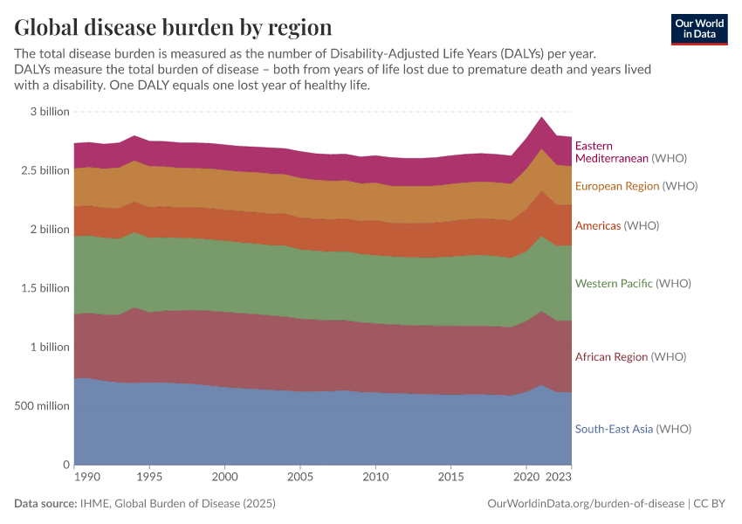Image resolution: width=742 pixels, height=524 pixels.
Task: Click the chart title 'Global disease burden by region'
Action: coord(173,26)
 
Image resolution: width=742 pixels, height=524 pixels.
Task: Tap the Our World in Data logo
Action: coord(698,29)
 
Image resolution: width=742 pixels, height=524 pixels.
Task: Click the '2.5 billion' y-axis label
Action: coord(45,170)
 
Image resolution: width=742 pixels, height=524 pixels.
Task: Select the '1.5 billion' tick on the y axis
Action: coord(45,288)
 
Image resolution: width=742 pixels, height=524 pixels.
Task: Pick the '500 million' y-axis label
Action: coord(42,405)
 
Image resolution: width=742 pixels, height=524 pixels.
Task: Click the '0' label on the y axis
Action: coord(65,465)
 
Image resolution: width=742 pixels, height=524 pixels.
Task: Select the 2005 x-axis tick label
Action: coord(300,479)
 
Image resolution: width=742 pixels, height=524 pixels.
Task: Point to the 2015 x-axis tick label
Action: coord(450,479)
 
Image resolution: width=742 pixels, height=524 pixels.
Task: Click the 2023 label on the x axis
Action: coord(560,479)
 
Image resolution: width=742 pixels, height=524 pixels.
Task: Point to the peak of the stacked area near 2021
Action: coord(541,117)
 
